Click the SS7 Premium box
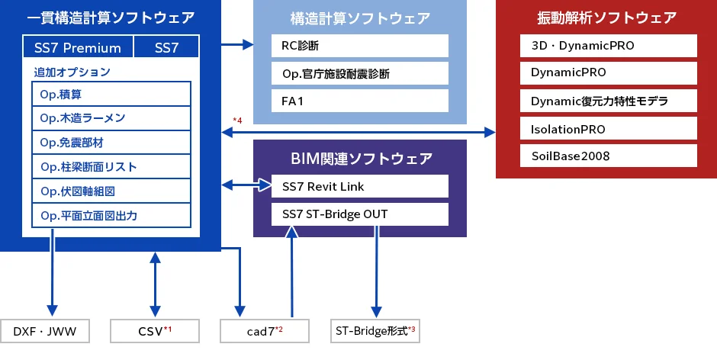78,48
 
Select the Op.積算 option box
111,95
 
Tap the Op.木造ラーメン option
111,118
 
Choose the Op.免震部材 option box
111,143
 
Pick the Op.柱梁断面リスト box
111,167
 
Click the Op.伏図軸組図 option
111,191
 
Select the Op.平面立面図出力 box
111,216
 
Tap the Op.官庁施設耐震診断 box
360,74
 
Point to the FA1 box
360,101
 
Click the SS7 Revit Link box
360,187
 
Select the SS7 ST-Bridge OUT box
360,214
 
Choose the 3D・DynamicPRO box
608,46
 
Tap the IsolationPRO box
608,128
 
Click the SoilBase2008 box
608,156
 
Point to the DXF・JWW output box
45,331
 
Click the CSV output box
155,331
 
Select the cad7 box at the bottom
264,331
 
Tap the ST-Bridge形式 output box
375,331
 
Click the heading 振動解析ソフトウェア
606,18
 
